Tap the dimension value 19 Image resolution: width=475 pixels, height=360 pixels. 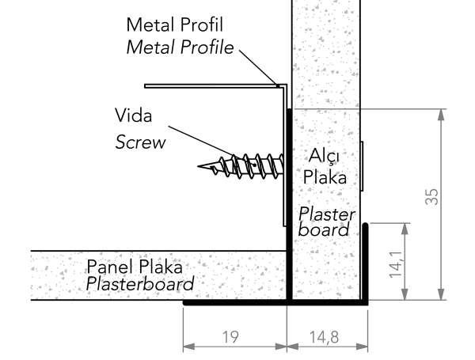coord(230,337)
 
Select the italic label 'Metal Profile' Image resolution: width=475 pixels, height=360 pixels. coord(180,47)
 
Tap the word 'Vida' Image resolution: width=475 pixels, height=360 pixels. coord(133,116)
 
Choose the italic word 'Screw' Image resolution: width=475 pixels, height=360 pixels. coord(141,142)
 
